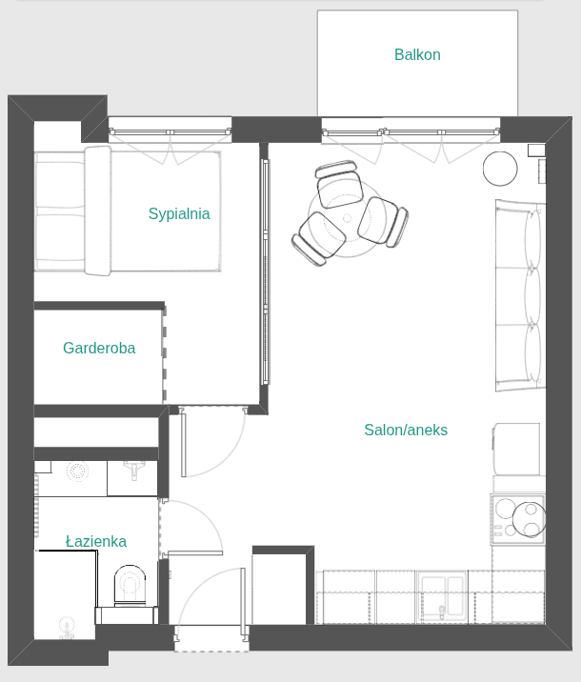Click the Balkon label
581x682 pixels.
pyautogui.click(x=417, y=55)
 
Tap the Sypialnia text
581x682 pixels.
pyautogui.click(x=179, y=214)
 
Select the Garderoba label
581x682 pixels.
pyautogui.click(x=99, y=348)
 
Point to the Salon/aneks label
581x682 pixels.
pyautogui.click(x=406, y=430)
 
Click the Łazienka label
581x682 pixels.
pyautogui.click(x=96, y=541)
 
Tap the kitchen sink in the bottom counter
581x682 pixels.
pyautogui.click(x=442, y=596)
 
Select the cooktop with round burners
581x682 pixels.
pyautogui.click(x=517, y=519)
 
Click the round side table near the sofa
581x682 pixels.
pyautogui.click(x=500, y=169)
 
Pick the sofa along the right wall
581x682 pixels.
pyautogui.click(x=520, y=295)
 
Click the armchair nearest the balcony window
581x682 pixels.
pyautogui.click(x=339, y=184)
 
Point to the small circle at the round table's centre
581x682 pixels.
pyautogui.click(x=347, y=218)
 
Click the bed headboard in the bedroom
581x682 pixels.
pyautogui.click(x=98, y=211)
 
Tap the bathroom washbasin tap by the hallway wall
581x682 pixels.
pyautogui.click(x=134, y=471)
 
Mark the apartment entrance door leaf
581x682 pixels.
pyautogui.click(x=245, y=602)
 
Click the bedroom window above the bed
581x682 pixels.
pyautogui.click(x=170, y=131)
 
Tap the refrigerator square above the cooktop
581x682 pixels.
pyautogui.click(x=517, y=449)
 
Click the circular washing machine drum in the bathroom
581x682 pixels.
pyautogui.click(x=77, y=471)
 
